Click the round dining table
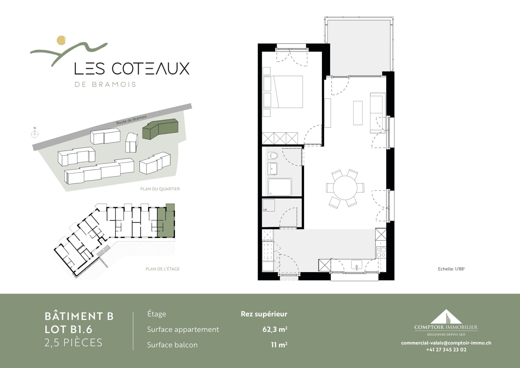pyautogui.click(x=345, y=188)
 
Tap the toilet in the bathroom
pyautogui.click(x=273, y=156)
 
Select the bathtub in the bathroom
pyautogui.click(x=280, y=187)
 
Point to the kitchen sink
pyautogui.click(x=356, y=265)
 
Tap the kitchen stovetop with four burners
pyautogui.click(x=381, y=252)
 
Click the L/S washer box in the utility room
pyautogui.click(x=268, y=205)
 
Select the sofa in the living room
pyautogui.click(x=378, y=113)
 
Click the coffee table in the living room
pyautogui.click(x=358, y=113)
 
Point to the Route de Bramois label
pyautogui.click(x=131, y=120)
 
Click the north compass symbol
pyautogui.click(x=35, y=134)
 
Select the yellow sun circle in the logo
pyautogui.click(x=61, y=40)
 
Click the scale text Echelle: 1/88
pyautogui.click(x=451, y=269)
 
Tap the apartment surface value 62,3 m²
pyautogui.click(x=275, y=329)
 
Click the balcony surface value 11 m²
pyautogui.click(x=279, y=345)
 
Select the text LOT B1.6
pyautogui.click(x=69, y=329)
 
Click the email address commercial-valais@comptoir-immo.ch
pyautogui.click(x=446, y=343)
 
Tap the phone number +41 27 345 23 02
pyautogui.click(x=446, y=350)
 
